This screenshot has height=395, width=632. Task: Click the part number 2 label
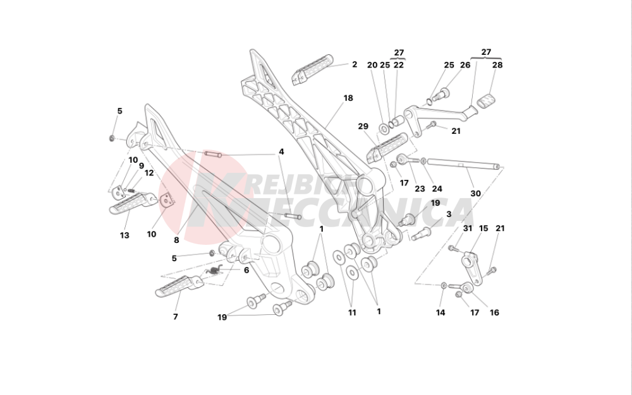(355, 64)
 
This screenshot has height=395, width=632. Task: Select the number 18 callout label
(348, 98)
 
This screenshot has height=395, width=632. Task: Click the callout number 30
(475, 193)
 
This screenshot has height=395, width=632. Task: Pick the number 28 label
(497, 65)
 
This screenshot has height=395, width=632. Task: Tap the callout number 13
(125, 235)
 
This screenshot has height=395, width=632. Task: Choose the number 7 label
(176, 317)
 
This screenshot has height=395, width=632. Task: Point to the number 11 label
(352, 312)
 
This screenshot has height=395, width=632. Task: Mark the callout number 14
(441, 312)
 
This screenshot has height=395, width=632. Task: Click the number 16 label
(494, 312)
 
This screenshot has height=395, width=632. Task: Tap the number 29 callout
(363, 126)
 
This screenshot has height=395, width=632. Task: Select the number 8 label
(176, 240)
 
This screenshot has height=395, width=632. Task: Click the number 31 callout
(468, 228)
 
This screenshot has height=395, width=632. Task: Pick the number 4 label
(281, 152)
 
